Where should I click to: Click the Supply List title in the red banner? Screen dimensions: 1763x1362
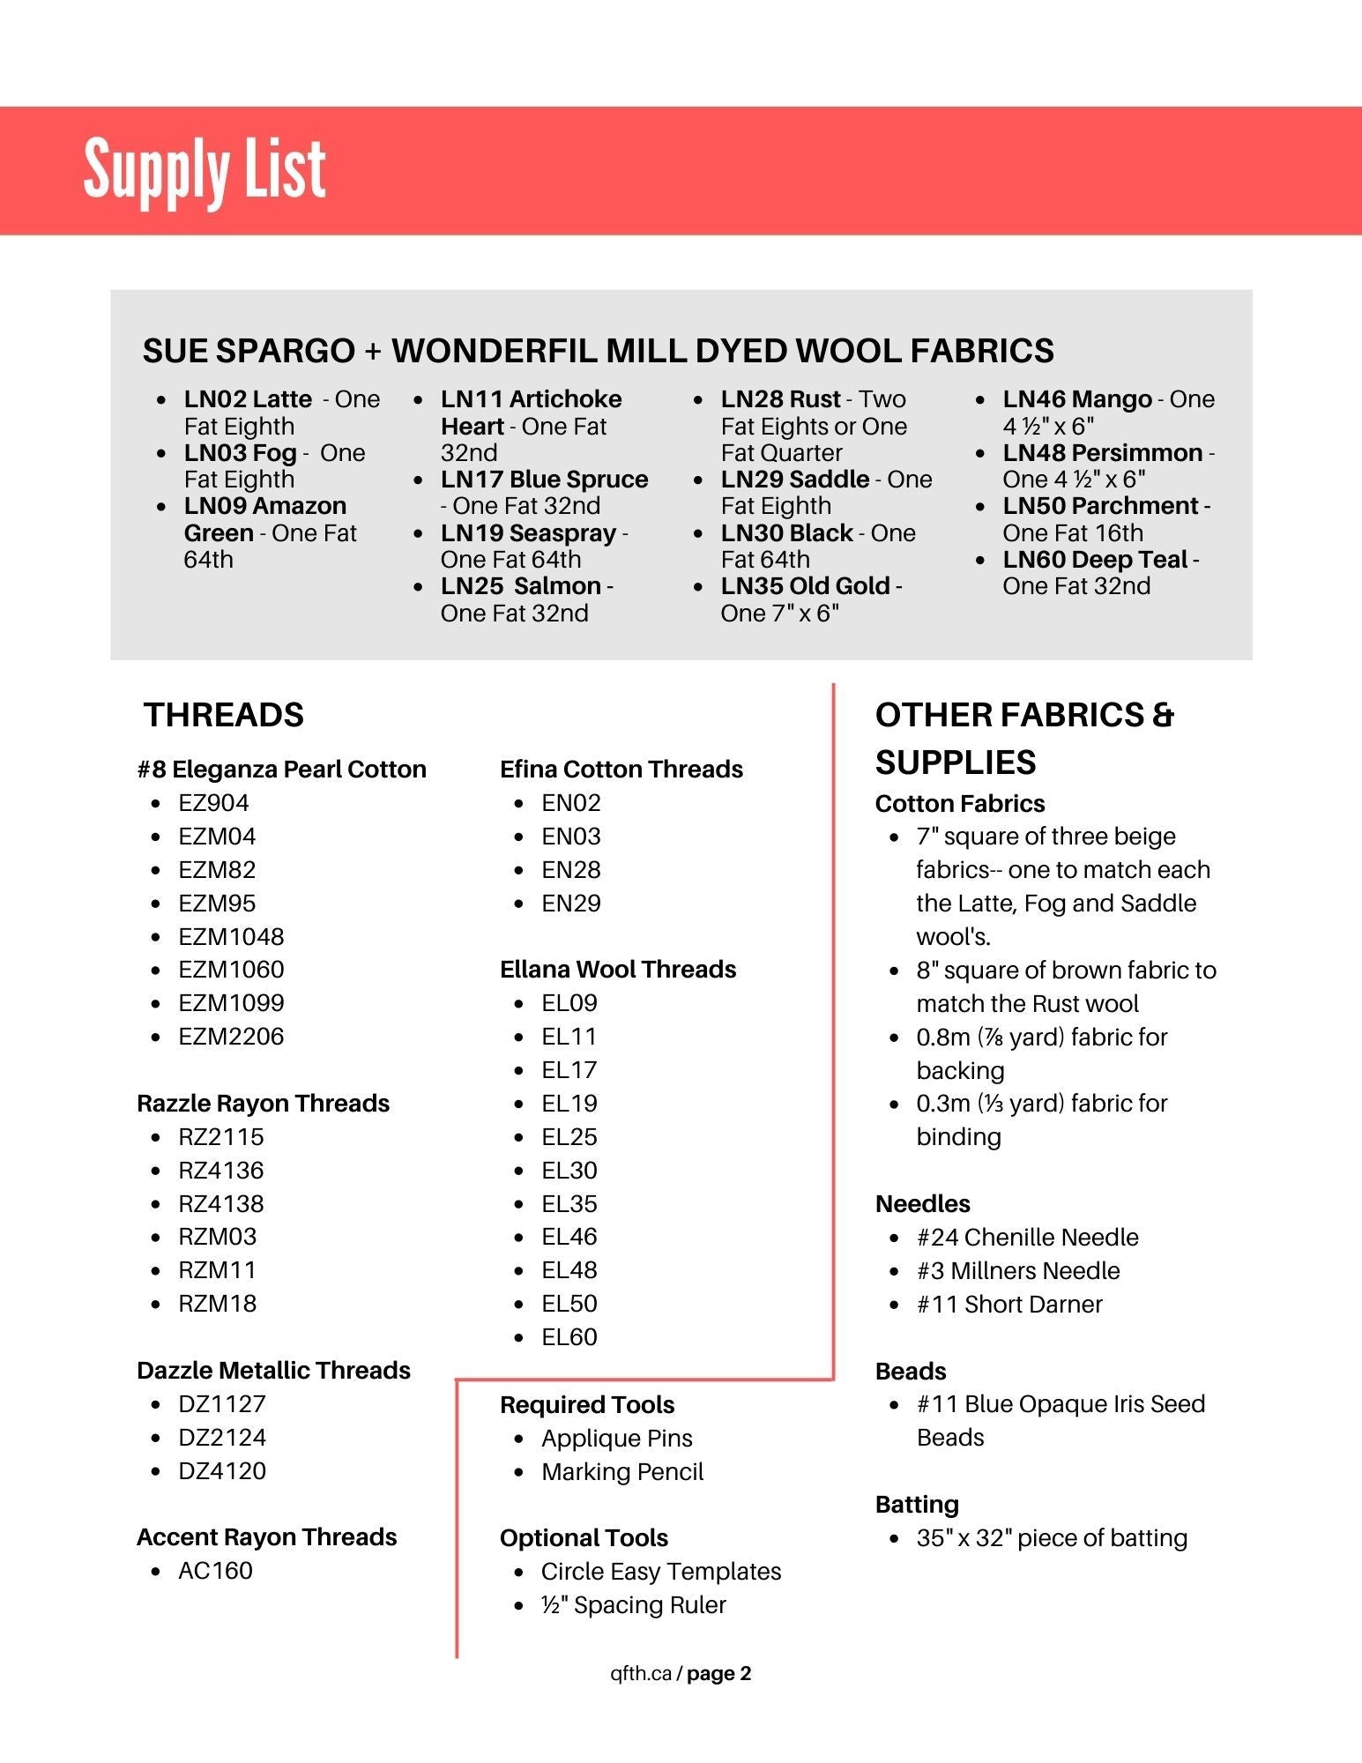coord(205,169)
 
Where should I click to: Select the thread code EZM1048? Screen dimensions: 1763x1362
coord(231,936)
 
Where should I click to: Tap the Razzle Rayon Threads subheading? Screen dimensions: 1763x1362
coord(263,1103)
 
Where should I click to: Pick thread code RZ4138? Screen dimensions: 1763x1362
coord(220,1203)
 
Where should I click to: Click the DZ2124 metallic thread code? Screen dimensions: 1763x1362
coord(221,1437)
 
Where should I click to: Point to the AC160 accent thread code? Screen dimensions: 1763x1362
coord(215,1570)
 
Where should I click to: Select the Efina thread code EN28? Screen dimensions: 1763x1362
coord(570,869)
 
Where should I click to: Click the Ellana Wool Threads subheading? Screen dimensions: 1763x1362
coord(617,969)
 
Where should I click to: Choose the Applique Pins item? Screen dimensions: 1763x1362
coord(616,1438)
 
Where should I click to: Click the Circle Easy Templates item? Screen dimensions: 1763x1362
coord(660,1571)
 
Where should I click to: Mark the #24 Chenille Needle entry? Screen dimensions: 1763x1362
coord(1027,1237)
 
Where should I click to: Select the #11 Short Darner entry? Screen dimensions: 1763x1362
coord(1008,1304)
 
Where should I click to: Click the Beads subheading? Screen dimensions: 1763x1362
coord(910,1371)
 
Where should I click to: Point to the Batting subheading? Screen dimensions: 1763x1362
coord(917,1504)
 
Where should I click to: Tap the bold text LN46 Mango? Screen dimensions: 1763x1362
coord(1076,399)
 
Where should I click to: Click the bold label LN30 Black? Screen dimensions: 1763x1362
coord(786,532)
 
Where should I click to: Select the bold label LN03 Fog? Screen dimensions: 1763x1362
coord(240,453)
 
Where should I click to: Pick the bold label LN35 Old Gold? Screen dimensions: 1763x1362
coord(805,586)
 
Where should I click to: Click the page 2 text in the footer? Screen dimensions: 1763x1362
coord(718,1673)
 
